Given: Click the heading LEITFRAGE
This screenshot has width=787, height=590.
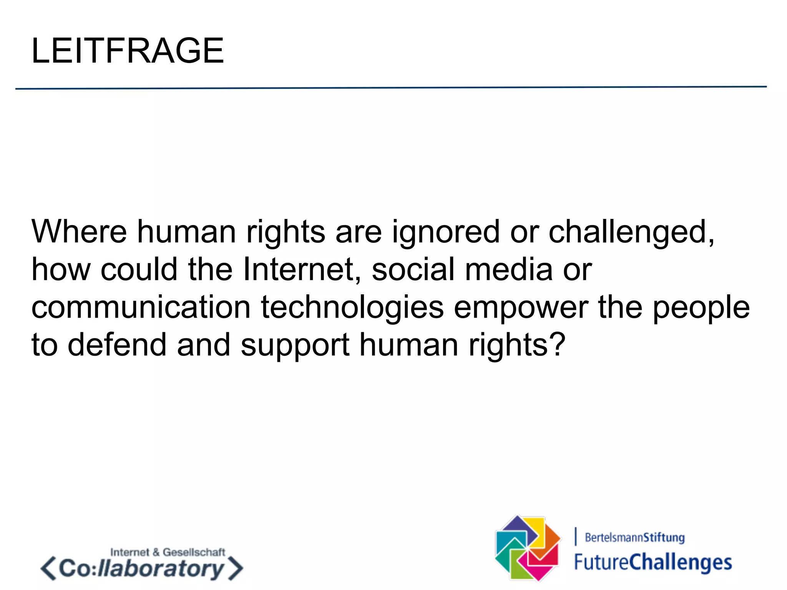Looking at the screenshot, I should (127, 51).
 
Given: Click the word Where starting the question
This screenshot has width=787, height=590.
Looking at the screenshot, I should (79, 232).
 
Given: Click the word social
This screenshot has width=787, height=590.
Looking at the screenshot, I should (413, 269).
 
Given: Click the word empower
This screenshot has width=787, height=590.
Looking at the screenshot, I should (521, 308).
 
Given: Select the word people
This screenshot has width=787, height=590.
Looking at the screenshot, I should (701, 308).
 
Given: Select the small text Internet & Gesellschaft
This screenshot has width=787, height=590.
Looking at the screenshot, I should (168, 552).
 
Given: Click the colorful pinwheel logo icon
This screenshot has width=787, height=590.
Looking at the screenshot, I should (528, 548).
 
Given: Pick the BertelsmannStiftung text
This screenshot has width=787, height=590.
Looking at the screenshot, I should (634, 537).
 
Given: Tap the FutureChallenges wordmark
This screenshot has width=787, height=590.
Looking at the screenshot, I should (653, 562).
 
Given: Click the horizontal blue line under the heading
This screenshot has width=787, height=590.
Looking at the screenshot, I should (391, 88).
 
